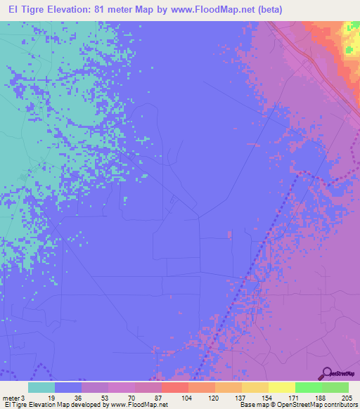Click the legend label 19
click(x=51, y=397)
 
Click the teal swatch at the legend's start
click(x=41, y=387)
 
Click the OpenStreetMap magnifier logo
click(x=328, y=372)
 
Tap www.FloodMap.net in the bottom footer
click(x=139, y=405)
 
